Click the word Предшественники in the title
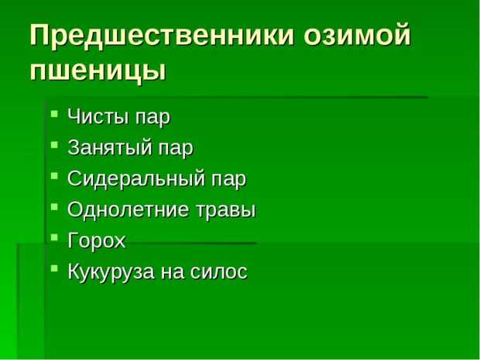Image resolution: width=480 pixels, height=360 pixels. click(163, 35)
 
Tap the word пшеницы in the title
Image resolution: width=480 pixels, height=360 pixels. click(98, 72)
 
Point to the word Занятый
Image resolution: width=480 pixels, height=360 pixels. click(110, 148)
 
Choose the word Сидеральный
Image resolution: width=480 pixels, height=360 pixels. click(136, 178)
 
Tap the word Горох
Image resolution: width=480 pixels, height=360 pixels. click(97, 240)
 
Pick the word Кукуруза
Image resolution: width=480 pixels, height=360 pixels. click(111, 272)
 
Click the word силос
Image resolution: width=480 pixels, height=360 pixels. click(218, 272)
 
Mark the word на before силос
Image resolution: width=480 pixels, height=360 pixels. click(173, 273)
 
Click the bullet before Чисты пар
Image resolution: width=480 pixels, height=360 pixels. click(54, 114)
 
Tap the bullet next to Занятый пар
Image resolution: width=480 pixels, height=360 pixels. click(54, 145)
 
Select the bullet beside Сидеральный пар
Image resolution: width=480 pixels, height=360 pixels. click(54, 176)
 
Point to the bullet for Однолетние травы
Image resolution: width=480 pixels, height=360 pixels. click(54, 207)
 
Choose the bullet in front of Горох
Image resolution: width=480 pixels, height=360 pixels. click(54, 237)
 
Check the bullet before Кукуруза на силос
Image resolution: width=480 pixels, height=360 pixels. click(54, 269)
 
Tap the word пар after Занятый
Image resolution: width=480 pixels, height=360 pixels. click(177, 149)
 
